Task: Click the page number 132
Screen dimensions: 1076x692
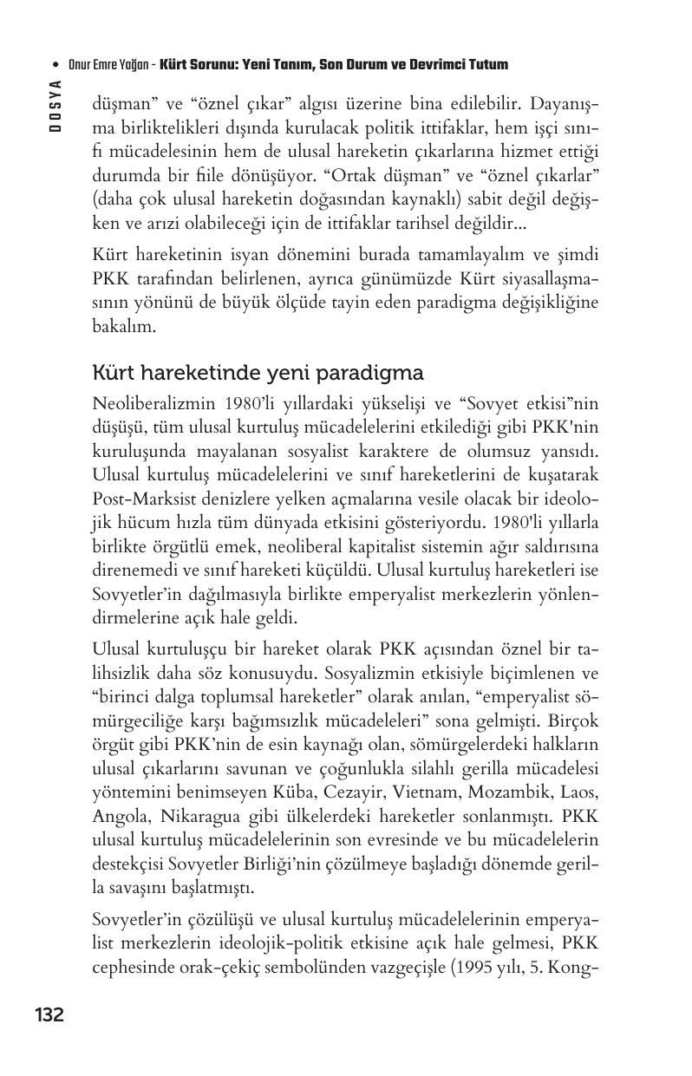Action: (x=49, y=1014)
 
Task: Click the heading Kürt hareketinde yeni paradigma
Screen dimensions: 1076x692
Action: (x=258, y=373)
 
